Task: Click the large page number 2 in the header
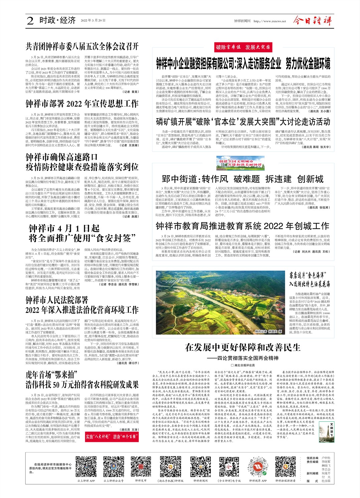[x=30, y=21]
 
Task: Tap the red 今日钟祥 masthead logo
[x=312, y=21]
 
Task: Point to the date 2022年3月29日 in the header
[x=93, y=21]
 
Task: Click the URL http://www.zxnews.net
[x=270, y=21]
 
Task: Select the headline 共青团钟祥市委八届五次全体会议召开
[x=82, y=46]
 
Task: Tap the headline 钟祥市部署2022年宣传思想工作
[x=82, y=103]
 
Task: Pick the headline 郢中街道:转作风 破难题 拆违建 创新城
[x=242, y=179]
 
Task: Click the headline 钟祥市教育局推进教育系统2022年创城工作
[x=242, y=226]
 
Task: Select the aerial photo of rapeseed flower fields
[x=219, y=303]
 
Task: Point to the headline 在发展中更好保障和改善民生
[x=242, y=347]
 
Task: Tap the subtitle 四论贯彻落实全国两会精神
[x=247, y=358]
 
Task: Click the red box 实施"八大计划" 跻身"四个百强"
[x=112, y=436]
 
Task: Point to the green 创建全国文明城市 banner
[x=240, y=163]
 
